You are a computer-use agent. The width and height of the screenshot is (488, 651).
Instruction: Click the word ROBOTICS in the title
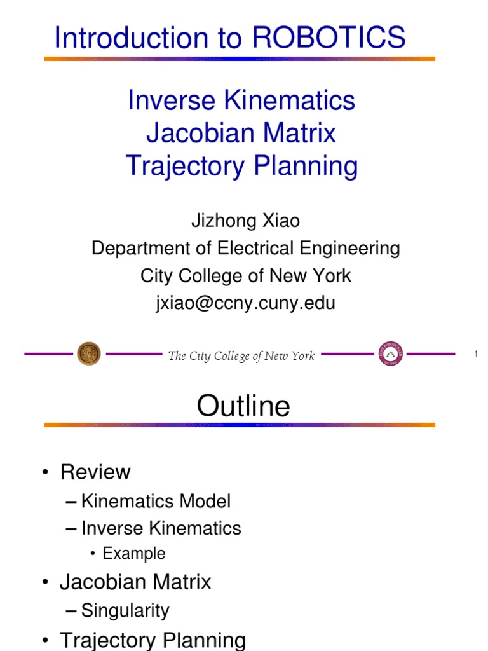coord(329,38)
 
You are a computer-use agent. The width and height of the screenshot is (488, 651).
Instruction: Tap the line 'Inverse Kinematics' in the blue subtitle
coord(241,100)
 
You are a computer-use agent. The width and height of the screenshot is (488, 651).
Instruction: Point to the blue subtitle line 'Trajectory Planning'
coord(241,167)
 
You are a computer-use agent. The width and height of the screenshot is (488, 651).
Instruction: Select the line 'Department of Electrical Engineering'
coord(246,249)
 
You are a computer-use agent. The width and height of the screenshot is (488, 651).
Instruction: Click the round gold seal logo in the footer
coord(89,353)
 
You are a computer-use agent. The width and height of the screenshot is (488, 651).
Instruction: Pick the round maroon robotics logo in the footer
coord(390,353)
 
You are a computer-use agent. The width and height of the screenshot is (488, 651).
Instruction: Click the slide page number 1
coord(475,354)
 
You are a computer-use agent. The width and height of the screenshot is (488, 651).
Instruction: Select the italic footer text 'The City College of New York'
coord(241,356)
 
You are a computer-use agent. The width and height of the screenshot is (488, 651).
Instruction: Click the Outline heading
coord(243,406)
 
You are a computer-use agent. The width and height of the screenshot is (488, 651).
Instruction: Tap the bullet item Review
coord(95,472)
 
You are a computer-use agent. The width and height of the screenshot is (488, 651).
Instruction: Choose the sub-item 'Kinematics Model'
coord(156,502)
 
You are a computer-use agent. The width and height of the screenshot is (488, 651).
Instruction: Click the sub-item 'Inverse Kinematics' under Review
coord(161,528)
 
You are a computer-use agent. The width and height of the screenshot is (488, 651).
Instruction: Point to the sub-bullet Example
coord(134,554)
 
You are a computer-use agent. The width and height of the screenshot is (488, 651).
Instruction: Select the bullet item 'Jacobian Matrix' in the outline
coord(135,582)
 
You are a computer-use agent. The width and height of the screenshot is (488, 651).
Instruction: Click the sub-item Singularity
coord(125,611)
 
